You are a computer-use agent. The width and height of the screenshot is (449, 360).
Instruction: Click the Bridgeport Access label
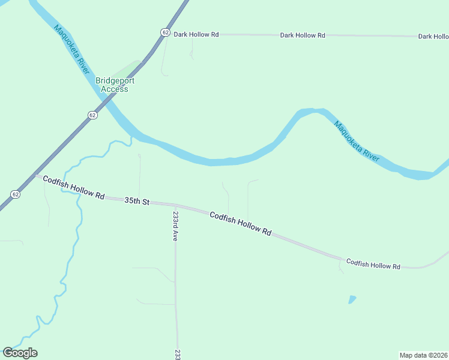coord(115,85)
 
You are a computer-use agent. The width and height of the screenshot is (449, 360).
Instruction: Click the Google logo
coord(20,353)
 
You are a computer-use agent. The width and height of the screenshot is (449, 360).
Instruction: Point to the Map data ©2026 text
coord(423,355)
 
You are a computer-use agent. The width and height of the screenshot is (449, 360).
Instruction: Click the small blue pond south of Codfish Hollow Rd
coord(352,299)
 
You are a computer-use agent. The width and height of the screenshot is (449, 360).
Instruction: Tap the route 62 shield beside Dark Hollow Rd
coord(164,33)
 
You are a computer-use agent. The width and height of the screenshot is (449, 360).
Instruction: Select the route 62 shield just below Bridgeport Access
coord(91,115)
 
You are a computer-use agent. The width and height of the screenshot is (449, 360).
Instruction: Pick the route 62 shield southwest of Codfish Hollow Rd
coord(15,194)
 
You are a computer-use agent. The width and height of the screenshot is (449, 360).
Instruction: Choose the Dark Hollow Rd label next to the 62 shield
coord(196,35)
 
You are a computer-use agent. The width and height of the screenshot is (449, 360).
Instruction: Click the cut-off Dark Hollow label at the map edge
coord(433,37)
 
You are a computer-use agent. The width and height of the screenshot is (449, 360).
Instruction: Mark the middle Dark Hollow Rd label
coord(303,35)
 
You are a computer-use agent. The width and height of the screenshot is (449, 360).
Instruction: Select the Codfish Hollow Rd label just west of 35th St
coord(74,188)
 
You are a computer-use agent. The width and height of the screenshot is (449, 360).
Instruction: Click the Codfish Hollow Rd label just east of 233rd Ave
coord(241,223)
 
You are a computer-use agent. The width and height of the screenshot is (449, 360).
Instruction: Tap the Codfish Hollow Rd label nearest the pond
coord(373,265)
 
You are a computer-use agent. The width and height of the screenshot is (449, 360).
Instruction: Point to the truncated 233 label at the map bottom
coord(178,354)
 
